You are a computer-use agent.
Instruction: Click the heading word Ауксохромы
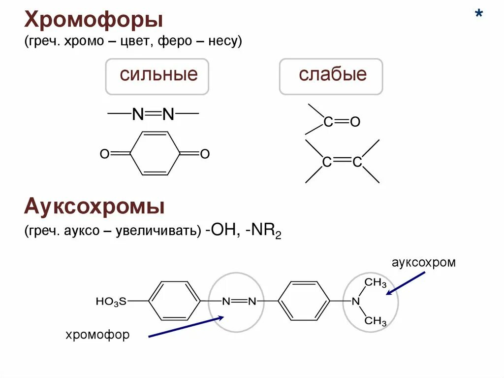pos(94,207)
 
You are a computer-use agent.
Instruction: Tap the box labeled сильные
pos(157,76)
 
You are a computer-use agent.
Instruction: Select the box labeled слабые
pos(332,76)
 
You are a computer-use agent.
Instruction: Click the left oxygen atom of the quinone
pos(104,154)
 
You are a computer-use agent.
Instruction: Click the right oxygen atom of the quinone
pos(205,154)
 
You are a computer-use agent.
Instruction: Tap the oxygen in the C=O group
pos(355,122)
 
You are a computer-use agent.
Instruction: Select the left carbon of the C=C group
pos(326,162)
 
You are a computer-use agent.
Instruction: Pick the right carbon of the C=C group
pos(357,162)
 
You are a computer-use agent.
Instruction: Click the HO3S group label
pos(111,301)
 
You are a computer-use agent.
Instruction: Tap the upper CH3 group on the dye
pos(376,282)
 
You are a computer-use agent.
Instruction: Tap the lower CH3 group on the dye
pos(376,321)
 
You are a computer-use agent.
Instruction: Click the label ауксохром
pos(424,262)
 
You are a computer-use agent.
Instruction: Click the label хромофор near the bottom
pos(97,335)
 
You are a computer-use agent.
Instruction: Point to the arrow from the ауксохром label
pos(406,283)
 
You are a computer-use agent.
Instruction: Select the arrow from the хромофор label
pos(186,327)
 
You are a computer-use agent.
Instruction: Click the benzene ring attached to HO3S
pos(175,301)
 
